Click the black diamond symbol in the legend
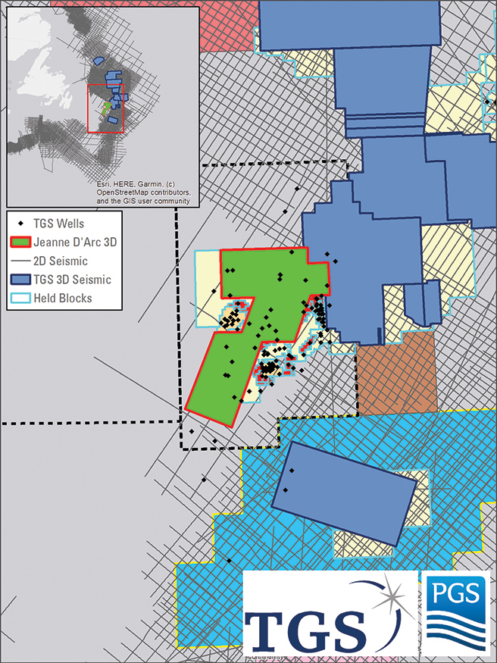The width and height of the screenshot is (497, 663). click(21, 224)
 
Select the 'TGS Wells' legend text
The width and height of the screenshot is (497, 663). click(59, 224)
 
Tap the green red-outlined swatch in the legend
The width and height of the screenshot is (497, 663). click(21, 242)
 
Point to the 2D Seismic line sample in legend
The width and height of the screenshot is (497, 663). click(21, 261)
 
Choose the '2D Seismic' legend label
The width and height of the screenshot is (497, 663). click(63, 261)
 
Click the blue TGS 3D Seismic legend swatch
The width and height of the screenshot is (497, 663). click(21, 280)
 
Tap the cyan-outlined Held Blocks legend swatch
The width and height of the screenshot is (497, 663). click(21, 298)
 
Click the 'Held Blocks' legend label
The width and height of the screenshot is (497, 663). click(66, 298)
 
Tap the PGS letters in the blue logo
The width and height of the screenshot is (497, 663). click(455, 593)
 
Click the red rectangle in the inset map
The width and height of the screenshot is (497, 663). click(105, 108)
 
